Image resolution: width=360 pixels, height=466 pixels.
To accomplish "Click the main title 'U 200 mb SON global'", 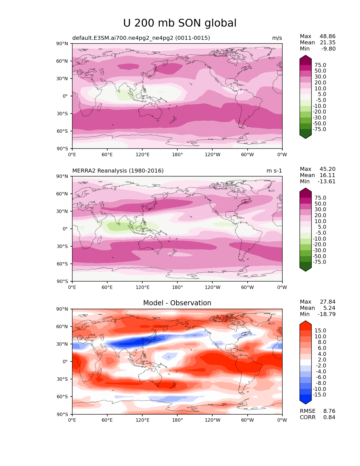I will [180, 23].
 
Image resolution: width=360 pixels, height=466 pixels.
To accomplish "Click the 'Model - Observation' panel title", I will [177, 303].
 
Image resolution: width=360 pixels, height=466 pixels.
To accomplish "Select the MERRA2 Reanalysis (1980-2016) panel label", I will [118, 171].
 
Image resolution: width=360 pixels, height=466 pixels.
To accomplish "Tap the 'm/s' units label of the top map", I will [277, 38].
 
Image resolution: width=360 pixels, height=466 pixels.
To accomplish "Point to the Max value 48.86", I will [328, 36].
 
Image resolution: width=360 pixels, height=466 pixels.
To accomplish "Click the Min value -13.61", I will [326, 182].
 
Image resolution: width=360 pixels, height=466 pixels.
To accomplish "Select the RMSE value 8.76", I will [329, 411].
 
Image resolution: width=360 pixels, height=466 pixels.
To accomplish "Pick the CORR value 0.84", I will [329, 417].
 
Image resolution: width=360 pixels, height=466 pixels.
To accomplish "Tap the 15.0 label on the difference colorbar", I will [320, 331].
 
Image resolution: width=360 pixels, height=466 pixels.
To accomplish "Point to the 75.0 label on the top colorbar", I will [320, 65].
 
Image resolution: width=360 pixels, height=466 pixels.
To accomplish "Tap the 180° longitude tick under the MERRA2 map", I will [177, 288].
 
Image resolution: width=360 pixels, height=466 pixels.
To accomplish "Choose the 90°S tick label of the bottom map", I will [62, 415].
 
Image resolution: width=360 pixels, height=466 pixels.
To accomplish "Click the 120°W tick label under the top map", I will [213, 155].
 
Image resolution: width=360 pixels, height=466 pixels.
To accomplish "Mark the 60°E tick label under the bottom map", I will [107, 420].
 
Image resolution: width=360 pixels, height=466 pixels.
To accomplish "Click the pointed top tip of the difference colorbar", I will [306, 321].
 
